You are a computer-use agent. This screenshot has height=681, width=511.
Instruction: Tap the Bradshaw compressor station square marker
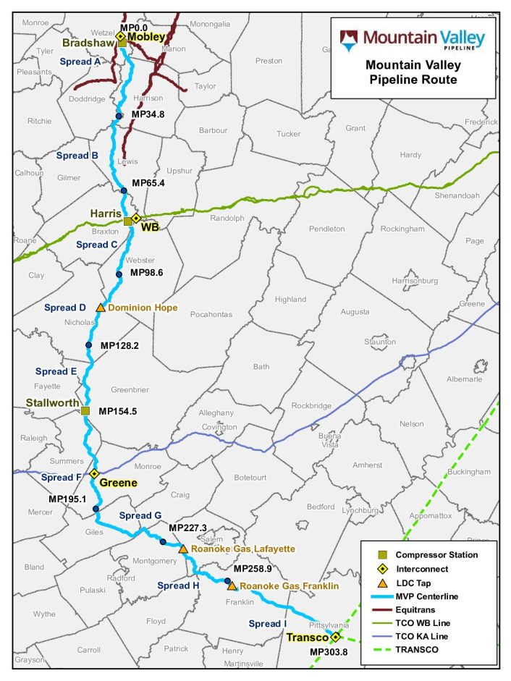tap(122, 43)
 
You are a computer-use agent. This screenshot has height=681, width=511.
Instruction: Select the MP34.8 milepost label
tap(148, 114)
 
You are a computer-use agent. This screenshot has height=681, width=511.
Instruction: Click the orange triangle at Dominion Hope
tap(101, 308)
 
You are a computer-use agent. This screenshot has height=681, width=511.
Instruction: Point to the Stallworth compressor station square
tap(85, 411)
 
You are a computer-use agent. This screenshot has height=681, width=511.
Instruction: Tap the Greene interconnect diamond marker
tap(94, 473)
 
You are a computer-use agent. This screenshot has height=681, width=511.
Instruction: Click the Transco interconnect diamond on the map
tap(336, 637)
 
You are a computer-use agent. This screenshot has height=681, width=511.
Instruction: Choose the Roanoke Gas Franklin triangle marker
tap(232, 585)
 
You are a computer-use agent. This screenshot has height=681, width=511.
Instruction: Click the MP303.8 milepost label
tap(329, 652)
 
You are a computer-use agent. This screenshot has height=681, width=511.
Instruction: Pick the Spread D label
tap(65, 308)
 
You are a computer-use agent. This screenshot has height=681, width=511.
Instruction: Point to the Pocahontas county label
tap(212, 314)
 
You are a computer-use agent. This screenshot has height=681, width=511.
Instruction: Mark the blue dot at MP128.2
tap(89, 345)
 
